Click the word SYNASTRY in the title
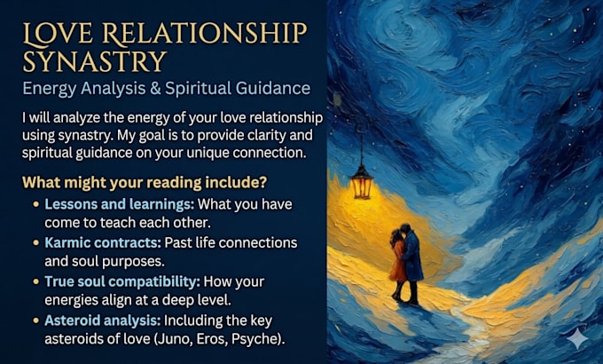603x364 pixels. (x=94, y=61)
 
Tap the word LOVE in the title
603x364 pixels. (x=58, y=33)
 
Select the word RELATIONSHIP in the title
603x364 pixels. (x=205, y=33)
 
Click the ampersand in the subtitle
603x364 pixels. (x=155, y=88)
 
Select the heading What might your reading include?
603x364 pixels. (x=145, y=182)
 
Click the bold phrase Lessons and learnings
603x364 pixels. (x=120, y=204)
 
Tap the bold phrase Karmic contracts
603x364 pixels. (x=103, y=242)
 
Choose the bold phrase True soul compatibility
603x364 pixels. (x=122, y=281)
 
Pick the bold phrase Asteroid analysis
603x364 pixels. (x=102, y=320)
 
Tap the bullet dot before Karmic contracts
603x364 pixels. (x=36, y=243)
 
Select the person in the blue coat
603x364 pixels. (x=411, y=263)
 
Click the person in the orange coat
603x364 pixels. (x=397, y=264)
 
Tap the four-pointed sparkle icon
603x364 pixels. (x=577, y=339)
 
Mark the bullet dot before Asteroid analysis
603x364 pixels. (x=36, y=320)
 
